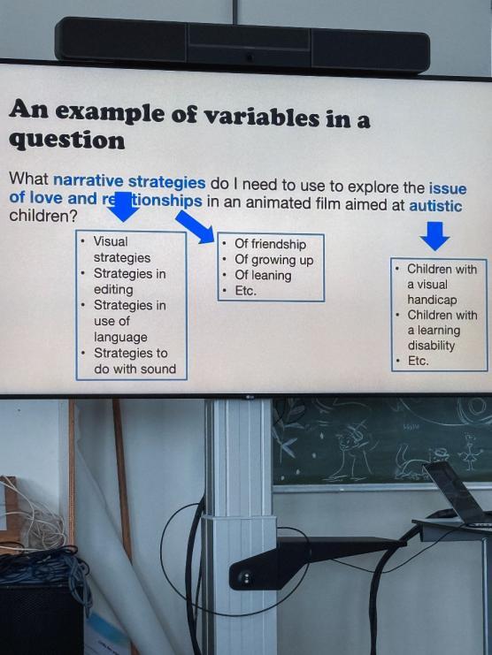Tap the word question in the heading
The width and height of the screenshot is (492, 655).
click(67, 141)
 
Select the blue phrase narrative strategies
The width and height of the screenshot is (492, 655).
click(129, 181)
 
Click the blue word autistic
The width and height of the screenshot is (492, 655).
click(435, 206)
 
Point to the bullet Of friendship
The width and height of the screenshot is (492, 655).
click(270, 244)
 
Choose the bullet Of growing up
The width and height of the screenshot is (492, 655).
click(273, 260)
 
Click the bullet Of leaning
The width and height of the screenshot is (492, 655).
click(263, 275)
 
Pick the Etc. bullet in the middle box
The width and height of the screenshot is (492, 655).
click(245, 291)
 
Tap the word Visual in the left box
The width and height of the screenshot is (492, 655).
click(111, 241)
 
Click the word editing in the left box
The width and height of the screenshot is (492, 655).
click(113, 289)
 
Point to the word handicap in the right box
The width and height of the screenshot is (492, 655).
click(432, 300)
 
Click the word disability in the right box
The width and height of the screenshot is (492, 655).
click(431, 346)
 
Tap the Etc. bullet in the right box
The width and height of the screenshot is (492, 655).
click(419, 361)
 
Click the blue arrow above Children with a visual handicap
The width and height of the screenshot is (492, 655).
click(434, 236)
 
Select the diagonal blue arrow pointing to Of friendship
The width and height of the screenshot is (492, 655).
click(195, 227)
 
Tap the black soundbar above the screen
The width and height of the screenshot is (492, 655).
click(242, 45)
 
